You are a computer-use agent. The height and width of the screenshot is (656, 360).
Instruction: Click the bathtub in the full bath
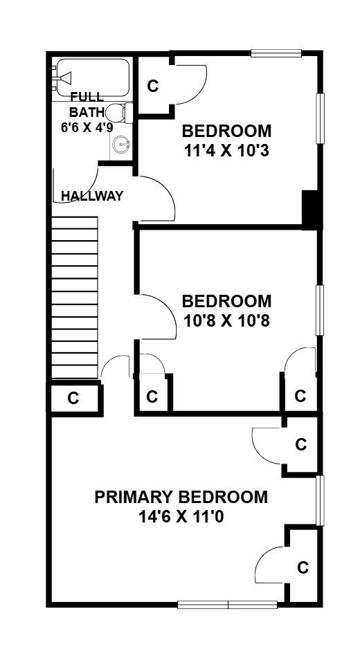point(93,78)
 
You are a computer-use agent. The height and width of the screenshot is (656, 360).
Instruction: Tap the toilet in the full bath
point(119,113)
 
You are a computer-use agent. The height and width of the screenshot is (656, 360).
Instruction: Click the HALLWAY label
point(92,196)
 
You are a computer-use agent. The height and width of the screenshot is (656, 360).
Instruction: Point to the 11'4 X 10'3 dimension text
point(226,151)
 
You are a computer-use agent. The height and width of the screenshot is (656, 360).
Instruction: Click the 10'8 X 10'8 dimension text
point(226,321)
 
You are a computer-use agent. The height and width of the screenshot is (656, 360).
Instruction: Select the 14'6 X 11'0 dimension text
point(181,517)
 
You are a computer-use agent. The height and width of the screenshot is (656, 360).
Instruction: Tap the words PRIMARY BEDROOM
point(181,498)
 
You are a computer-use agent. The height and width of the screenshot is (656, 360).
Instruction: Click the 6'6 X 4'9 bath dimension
point(87,127)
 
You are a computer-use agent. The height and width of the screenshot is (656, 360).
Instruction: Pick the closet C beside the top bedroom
point(154,86)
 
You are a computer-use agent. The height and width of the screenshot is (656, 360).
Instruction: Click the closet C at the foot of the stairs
point(73,399)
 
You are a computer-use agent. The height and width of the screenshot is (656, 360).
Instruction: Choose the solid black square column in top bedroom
point(310,209)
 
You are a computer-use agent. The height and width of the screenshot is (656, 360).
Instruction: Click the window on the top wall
point(276,53)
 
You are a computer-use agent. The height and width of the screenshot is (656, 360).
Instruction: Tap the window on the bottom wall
point(227,605)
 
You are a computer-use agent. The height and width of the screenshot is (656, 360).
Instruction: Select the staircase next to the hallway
point(75,297)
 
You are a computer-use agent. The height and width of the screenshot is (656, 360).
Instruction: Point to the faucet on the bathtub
point(65,78)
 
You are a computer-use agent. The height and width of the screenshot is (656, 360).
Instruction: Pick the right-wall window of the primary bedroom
point(321,500)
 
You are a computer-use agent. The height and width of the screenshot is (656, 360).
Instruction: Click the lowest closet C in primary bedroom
point(303,567)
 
